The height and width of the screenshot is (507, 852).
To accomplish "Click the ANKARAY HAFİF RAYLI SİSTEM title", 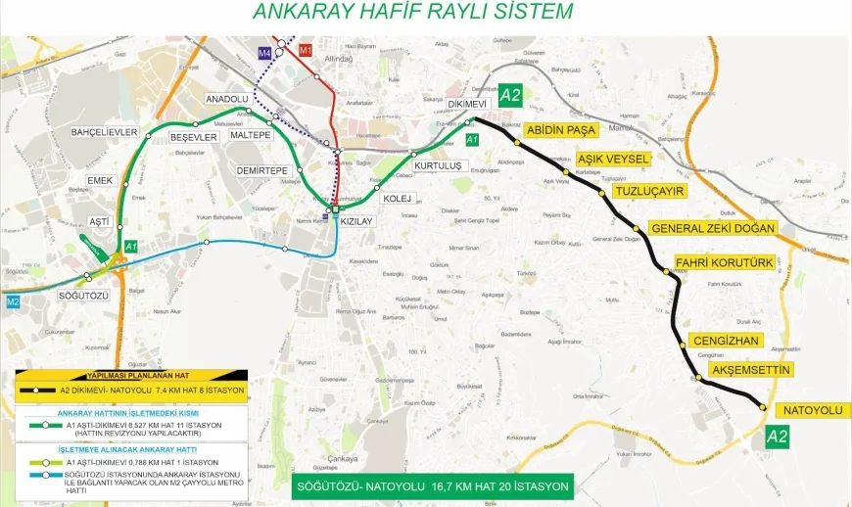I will pos(412,12).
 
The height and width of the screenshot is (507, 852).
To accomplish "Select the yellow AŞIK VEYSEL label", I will pos(613,159).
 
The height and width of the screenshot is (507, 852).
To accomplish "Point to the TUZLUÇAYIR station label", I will pos(647,191).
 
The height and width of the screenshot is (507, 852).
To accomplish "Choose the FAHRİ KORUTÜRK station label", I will pos(725,262).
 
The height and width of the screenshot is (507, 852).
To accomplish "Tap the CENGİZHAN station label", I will pos(726,340).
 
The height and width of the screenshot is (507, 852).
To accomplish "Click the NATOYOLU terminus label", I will pos(809,409).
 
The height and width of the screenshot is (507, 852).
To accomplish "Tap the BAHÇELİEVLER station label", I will pos(105,131).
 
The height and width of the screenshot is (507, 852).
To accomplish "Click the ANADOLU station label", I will pos(227,100).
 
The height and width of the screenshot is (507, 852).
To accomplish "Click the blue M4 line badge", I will pos(265,52).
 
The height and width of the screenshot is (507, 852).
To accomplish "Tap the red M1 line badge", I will pos(305,49).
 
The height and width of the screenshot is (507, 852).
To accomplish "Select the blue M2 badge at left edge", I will pos(13,301).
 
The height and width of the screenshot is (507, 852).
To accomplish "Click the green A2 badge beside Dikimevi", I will pos(510,95).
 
